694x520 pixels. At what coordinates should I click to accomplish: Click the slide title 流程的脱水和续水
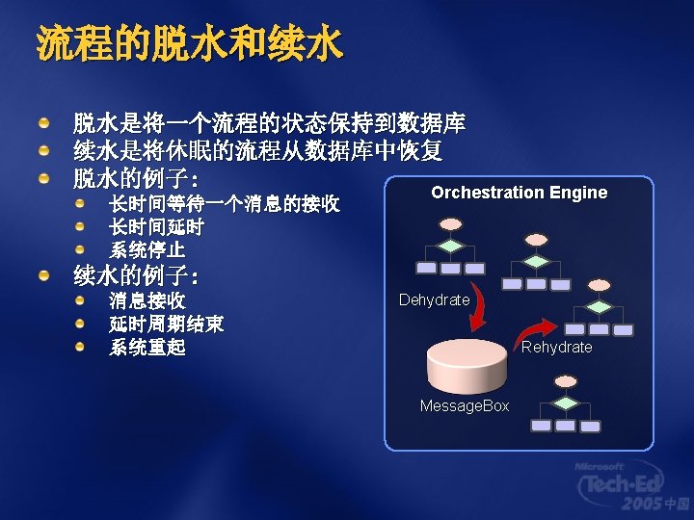click(x=189, y=43)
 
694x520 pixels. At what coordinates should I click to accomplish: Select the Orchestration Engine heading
click(x=519, y=193)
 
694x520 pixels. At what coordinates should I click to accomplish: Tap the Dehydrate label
click(x=434, y=300)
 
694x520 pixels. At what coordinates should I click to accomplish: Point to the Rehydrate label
click(x=556, y=347)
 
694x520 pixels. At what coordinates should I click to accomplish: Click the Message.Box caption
click(x=464, y=406)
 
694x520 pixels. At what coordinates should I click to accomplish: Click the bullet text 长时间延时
click(x=156, y=226)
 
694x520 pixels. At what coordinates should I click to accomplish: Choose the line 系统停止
click(x=147, y=249)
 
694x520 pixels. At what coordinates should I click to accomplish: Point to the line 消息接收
click(x=147, y=301)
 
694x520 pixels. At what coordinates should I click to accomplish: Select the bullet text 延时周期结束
click(x=166, y=325)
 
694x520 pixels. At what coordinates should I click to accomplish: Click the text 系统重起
click(x=147, y=348)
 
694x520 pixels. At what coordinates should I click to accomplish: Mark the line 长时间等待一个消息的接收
click(x=224, y=203)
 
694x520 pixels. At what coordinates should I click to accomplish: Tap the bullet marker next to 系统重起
click(x=82, y=347)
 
